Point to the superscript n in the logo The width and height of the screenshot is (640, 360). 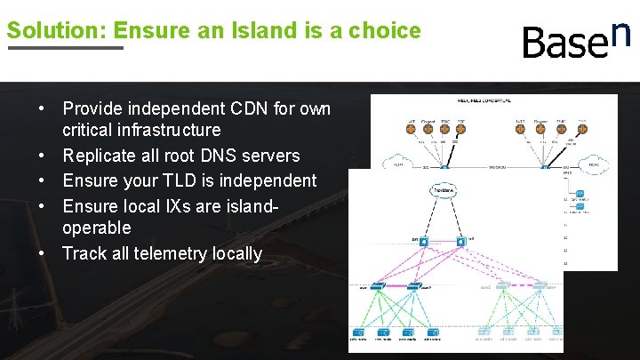[x=621, y=32]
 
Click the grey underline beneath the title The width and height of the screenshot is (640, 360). [x=65, y=48]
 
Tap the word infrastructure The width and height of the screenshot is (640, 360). [x=165, y=131]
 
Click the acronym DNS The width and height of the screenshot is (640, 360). [x=228, y=156]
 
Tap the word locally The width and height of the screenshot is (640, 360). [x=238, y=253]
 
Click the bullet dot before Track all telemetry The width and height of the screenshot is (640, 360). [x=43, y=253]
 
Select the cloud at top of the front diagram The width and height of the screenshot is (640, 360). [x=444, y=191]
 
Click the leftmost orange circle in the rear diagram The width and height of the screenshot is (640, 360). [x=412, y=128]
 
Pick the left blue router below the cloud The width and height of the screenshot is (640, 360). [x=424, y=241]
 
